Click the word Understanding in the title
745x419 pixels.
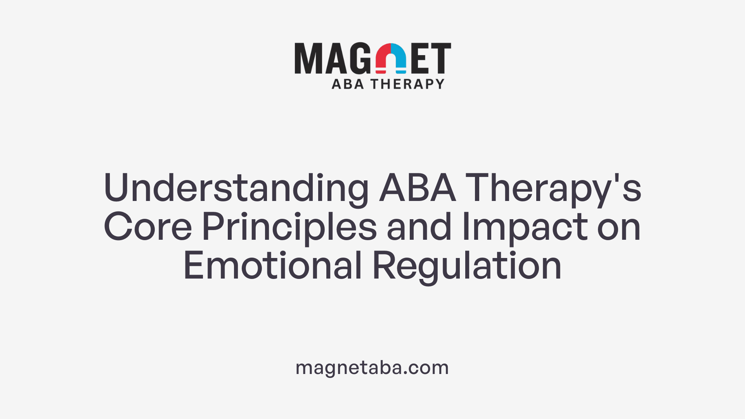point(236,188)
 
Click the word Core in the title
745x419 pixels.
point(147,227)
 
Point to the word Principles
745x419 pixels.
point(289,227)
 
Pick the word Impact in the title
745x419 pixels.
point(525,227)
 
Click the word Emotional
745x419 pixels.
point(272,266)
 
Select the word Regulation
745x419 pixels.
point(467,266)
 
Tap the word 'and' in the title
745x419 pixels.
point(419,227)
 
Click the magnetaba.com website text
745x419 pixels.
point(372,367)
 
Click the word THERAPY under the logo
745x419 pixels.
point(407,84)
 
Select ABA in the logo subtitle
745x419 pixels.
point(348,84)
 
